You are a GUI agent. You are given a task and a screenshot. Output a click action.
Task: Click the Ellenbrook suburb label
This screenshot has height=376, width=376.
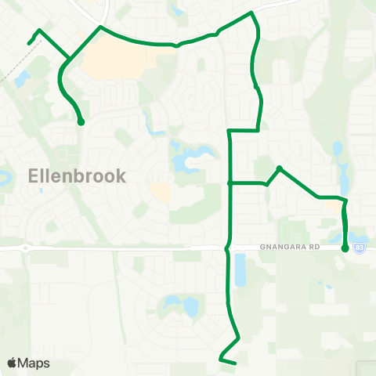click(x=77, y=175)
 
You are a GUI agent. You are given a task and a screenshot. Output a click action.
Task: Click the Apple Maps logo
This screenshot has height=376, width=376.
click(x=29, y=363)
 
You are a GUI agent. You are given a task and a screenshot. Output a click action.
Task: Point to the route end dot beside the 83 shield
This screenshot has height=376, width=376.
click(x=345, y=248)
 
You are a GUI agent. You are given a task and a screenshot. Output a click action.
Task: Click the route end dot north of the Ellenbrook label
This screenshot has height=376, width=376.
click(x=81, y=122)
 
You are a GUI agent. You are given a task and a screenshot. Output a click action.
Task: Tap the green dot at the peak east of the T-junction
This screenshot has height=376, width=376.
click(x=279, y=168)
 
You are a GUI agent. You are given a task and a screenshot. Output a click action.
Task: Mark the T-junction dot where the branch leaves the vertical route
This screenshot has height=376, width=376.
click(x=229, y=183)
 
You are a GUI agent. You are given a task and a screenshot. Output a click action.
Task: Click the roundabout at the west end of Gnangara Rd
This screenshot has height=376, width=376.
click(x=26, y=248)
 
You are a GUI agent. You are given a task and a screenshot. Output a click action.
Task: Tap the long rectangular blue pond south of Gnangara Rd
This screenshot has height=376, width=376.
click(x=239, y=269)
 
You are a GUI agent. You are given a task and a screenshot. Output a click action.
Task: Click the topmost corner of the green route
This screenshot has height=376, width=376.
click(x=251, y=13)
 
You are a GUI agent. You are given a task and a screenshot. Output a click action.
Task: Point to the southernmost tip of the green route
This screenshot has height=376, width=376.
click(x=234, y=363)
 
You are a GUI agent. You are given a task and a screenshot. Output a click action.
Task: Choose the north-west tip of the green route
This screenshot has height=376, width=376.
click(x=29, y=42)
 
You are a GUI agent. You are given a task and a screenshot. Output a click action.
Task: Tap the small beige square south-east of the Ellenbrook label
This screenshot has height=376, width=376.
click(x=160, y=192)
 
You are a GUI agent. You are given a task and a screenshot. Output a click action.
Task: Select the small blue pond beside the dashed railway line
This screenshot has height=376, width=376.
click(x=21, y=78)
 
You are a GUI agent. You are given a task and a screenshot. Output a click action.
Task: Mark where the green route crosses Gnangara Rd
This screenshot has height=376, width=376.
click(x=227, y=248)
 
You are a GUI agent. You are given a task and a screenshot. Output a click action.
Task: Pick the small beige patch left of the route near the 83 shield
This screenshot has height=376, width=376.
click(x=338, y=208)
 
